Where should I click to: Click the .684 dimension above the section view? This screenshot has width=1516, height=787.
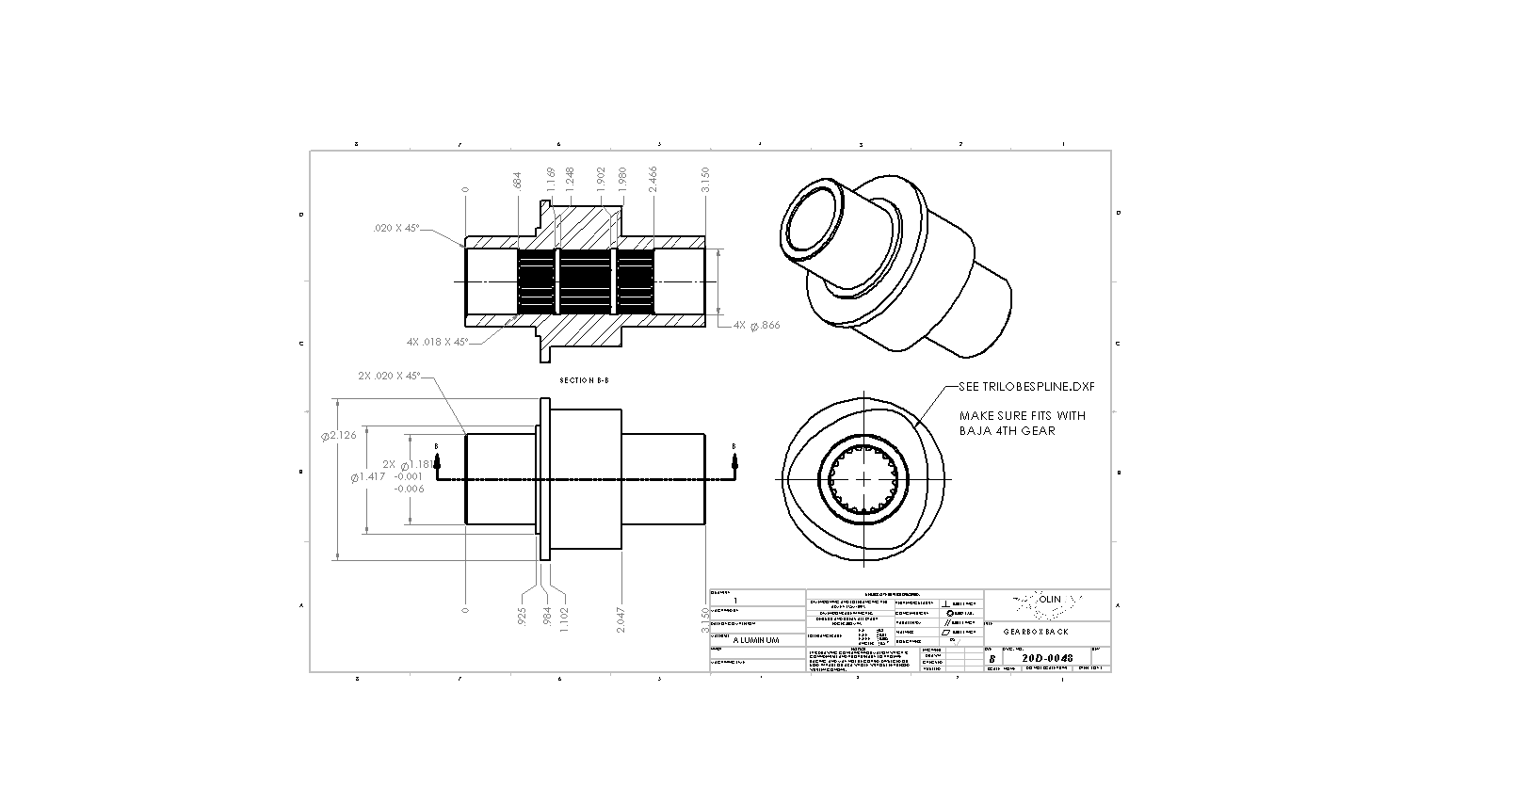click(518, 180)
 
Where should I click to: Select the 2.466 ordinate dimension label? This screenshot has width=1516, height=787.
click(653, 180)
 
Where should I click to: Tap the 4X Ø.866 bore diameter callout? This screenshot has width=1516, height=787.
click(756, 325)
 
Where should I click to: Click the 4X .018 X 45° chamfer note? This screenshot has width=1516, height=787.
click(437, 342)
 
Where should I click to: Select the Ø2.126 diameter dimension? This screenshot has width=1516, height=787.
click(339, 435)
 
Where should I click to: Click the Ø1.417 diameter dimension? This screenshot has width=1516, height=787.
click(366, 477)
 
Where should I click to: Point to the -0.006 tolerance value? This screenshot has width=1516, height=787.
click(409, 489)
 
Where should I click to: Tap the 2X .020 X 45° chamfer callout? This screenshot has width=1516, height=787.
click(389, 376)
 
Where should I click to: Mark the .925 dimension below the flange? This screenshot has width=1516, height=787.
click(521, 617)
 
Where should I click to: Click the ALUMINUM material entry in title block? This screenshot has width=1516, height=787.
click(756, 640)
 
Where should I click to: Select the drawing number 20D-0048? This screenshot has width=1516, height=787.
click(1048, 658)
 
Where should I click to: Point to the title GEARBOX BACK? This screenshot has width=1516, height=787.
click(1035, 631)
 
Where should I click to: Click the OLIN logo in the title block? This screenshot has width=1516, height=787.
click(1049, 599)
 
